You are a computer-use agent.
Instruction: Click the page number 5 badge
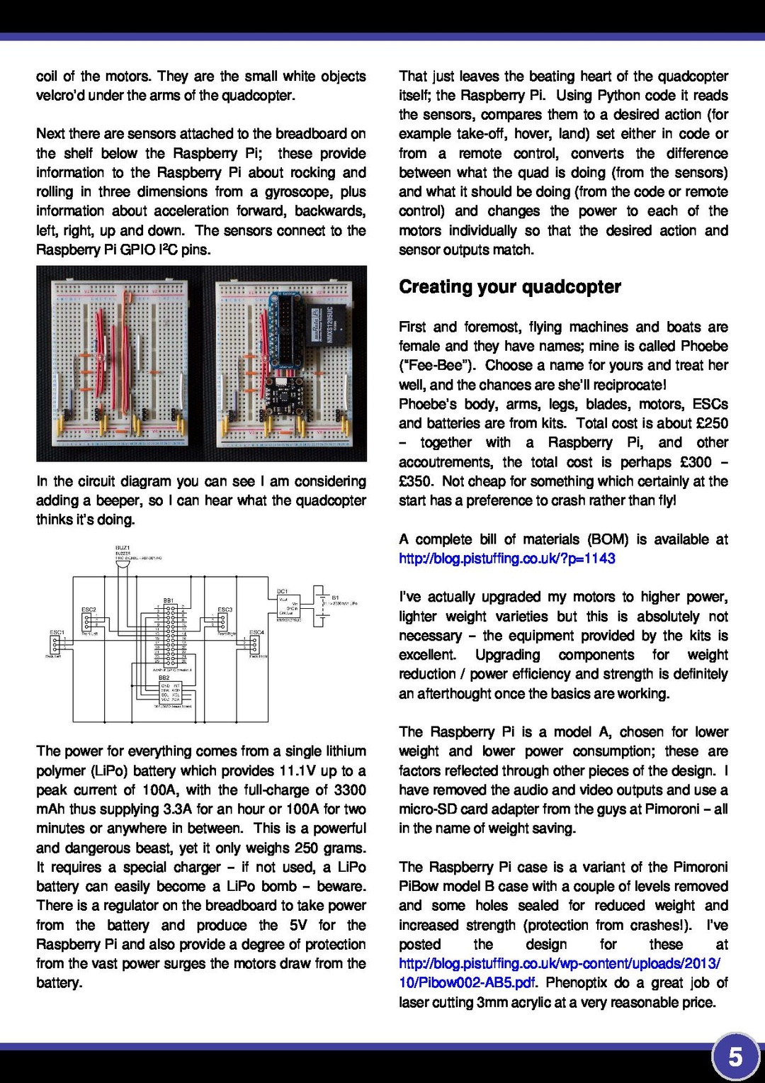pos(735,1057)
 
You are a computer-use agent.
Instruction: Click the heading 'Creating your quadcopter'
pos(509,287)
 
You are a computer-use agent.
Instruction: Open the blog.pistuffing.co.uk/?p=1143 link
pos(506,559)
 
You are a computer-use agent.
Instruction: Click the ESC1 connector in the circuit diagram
pos(55,644)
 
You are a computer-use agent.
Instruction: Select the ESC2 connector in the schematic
pos(87,621)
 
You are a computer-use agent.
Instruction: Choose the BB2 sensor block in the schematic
pos(169,692)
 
